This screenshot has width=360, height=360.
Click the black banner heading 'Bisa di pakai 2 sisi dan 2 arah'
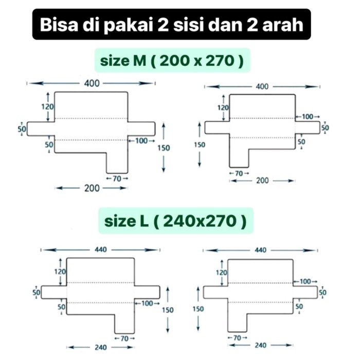171,24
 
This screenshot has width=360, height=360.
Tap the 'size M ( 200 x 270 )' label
172,61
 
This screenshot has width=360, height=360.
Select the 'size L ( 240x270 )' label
176,221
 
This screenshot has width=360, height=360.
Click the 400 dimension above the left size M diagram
92,83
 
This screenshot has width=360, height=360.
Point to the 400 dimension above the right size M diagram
262,86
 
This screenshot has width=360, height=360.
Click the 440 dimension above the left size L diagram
101,249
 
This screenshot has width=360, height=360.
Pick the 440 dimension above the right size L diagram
260,250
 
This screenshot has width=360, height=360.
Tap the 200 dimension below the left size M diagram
92,188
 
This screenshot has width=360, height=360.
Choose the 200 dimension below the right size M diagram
262,181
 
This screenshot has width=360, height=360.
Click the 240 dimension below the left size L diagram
101,347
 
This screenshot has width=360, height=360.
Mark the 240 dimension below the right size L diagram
260,345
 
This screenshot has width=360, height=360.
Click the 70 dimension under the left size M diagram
117,178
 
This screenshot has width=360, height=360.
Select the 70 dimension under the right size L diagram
237,338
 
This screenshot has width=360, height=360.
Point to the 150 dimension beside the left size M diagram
164,148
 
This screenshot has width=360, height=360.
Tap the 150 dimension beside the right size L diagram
198,309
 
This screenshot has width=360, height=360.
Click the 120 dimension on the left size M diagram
47,107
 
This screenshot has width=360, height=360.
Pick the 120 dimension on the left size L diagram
60,272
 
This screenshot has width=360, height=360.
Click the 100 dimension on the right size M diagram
308,117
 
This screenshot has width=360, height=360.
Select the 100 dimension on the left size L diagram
147,303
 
